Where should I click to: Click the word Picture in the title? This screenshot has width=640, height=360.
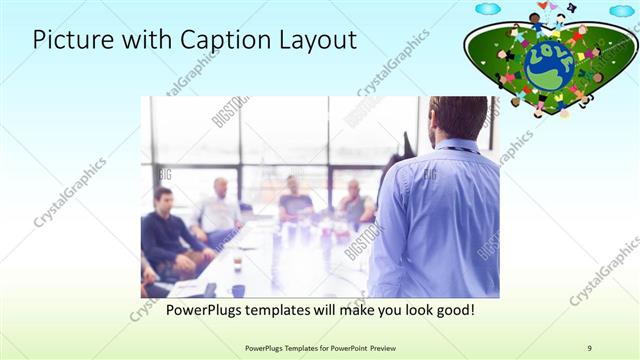point(67,40)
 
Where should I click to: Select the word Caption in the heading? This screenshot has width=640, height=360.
point(215,40)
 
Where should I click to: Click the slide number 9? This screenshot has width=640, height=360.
point(590,347)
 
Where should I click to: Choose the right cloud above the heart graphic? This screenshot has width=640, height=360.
point(621,10)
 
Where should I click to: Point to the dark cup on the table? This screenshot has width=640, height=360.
point(238,290)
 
